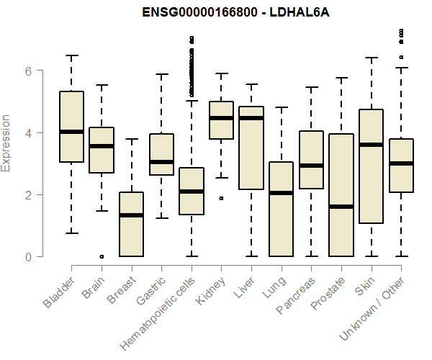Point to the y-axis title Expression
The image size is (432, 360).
(x=7, y=143)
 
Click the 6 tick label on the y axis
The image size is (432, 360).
(x=29, y=71)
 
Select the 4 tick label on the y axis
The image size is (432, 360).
(x=29, y=132)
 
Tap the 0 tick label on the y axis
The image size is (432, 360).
(x=29, y=256)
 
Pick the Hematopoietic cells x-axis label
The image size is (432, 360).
(x=162, y=309)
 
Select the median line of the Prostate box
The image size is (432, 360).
(x=341, y=207)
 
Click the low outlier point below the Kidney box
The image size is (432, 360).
(x=221, y=198)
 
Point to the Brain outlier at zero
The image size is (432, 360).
(x=102, y=256)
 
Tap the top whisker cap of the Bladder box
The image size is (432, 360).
(x=71, y=55)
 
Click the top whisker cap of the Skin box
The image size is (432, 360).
(x=371, y=58)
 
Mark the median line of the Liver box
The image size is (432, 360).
(x=251, y=118)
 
